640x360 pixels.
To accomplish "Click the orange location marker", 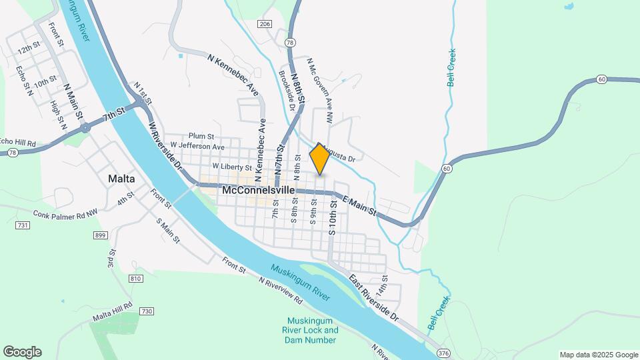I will click(x=319, y=159).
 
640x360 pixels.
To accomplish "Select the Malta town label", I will click(x=121, y=179).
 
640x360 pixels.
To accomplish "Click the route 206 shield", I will click(x=265, y=24).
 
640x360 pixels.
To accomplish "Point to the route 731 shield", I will click(x=22, y=226).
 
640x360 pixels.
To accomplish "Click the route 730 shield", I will click(x=147, y=311).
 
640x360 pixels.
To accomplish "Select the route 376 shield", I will click(x=443, y=351).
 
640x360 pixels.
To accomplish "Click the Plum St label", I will click(x=200, y=135).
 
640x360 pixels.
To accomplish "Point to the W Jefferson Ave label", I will click(x=197, y=145).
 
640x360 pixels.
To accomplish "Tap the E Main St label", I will click(x=359, y=205).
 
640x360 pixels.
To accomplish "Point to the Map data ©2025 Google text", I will click(x=598, y=355).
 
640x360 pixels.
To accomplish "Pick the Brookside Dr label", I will click(x=287, y=87).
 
